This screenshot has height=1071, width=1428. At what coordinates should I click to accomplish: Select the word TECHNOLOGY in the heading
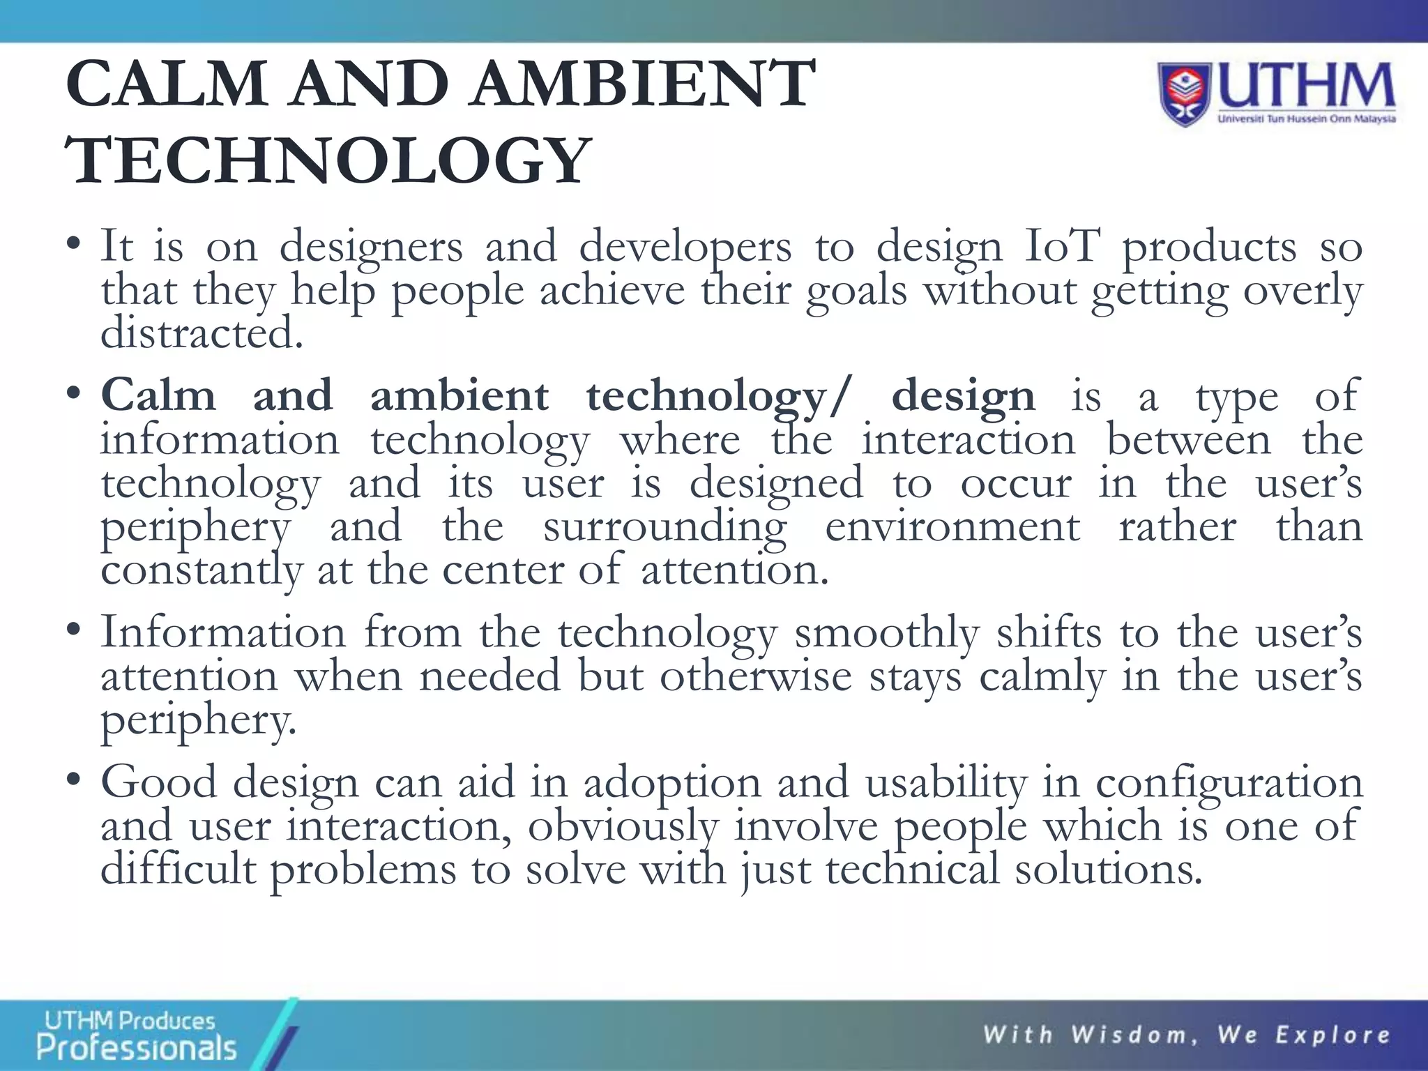click(x=328, y=162)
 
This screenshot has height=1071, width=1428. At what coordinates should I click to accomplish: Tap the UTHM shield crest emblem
click(x=1185, y=95)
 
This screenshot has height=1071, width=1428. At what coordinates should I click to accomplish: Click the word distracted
click(x=202, y=333)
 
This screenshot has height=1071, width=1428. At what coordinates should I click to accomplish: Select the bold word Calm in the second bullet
click(x=158, y=396)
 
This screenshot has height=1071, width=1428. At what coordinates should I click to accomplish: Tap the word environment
click(x=952, y=526)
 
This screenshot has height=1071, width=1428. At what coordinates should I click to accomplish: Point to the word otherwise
click(x=756, y=676)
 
